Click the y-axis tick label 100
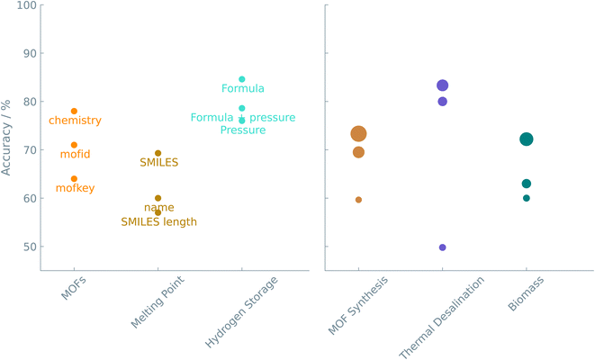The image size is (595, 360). (25, 5)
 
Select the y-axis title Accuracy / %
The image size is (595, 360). (7, 136)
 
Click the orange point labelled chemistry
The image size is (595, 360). (74, 112)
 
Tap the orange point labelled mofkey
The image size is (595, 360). (74, 179)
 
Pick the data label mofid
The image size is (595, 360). (75, 155)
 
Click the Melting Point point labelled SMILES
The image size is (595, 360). (158, 154)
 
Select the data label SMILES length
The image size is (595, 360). (158, 221)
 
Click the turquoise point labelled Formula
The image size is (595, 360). (242, 79)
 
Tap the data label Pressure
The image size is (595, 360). (243, 130)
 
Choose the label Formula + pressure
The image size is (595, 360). (243, 118)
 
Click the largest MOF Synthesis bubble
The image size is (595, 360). (358, 134)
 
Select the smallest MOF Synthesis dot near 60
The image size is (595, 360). (358, 200)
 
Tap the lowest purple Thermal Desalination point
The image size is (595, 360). (442, 247)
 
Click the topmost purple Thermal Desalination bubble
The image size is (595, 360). (442, 85)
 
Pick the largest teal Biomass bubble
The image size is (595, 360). (526, 139)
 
